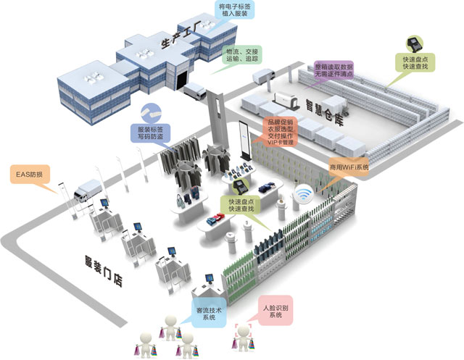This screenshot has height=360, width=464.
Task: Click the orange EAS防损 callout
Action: coord(33,175)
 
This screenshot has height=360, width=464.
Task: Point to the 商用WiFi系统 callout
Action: coord(349,167)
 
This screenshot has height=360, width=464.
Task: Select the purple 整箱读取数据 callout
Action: coord(333,70)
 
